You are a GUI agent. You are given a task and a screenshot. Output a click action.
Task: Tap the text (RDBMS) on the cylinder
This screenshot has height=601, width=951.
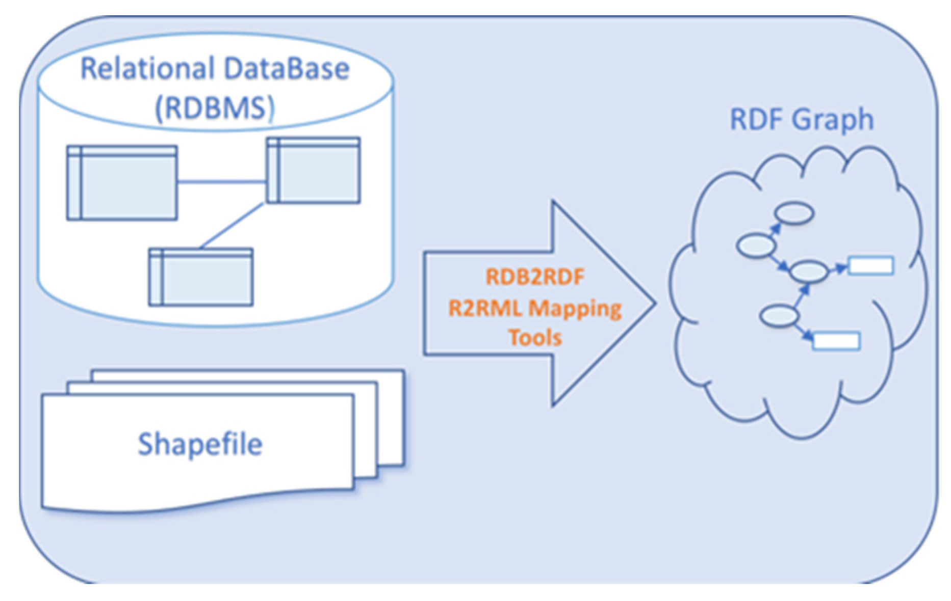click(215, 108)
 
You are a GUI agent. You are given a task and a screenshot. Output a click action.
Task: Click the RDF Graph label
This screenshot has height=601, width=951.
click(802, 120)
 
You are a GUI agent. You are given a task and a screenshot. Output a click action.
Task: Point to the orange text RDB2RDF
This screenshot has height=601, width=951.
click(535, 277)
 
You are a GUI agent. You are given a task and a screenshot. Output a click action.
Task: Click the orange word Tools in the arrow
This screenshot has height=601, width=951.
click(535, 338)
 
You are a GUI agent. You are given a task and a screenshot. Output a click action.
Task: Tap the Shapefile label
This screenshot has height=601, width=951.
click(200, 444)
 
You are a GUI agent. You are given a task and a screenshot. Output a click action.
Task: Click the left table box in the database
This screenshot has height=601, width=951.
click(122, 183)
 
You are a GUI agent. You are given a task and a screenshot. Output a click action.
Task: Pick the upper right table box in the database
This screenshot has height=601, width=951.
click(313, 171)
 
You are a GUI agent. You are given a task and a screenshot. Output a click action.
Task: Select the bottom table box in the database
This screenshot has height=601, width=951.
click(201, 278)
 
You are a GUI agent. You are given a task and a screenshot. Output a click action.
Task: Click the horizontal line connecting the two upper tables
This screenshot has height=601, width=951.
click(222, 181)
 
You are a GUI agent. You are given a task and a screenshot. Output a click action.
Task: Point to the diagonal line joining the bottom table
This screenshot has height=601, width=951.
click(233, 226)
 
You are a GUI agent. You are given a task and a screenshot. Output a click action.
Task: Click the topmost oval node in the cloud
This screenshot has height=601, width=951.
click(794, 214)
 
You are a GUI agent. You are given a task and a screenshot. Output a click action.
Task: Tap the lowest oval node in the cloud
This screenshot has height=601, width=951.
click(779, 316)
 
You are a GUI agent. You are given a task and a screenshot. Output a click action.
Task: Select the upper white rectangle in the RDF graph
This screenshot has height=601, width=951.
click(870, 266)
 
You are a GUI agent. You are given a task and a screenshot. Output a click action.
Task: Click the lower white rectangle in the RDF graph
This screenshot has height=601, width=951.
click(836, 341)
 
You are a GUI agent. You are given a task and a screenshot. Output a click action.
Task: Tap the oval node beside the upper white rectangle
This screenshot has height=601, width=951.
click(808, 271)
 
